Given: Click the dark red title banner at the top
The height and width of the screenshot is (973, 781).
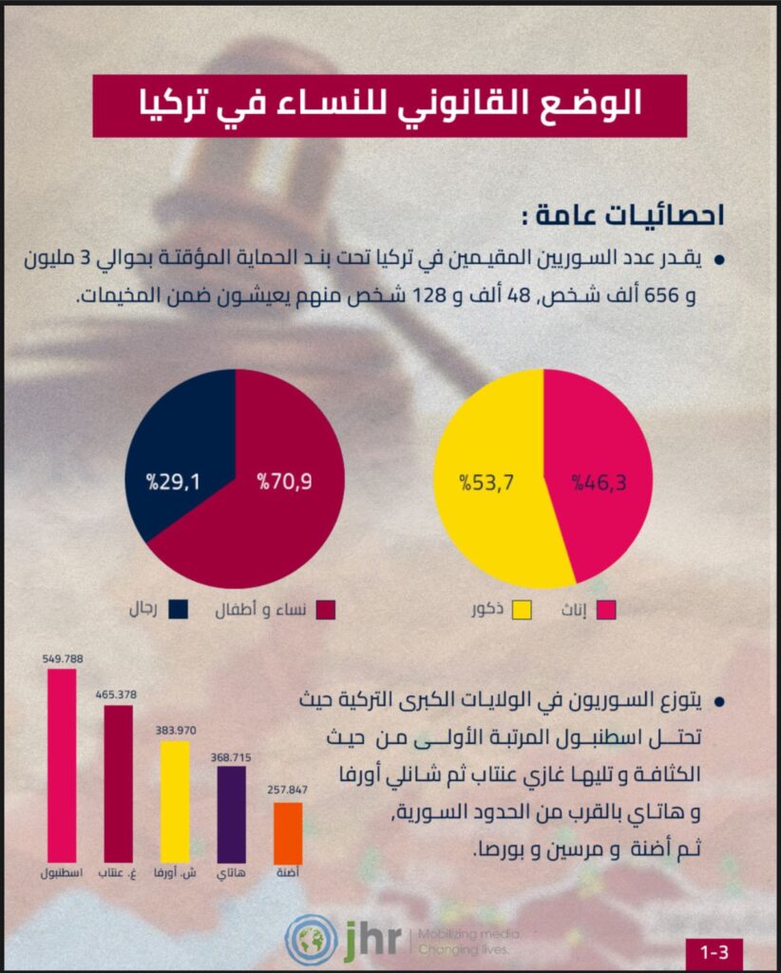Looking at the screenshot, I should [x=390, y=105].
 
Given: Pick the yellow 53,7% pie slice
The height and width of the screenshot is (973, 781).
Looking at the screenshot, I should [x=485, y=485].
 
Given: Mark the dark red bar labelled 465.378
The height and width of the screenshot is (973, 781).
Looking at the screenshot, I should [x=118, y=783].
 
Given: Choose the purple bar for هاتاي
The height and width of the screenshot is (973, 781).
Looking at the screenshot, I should [x=231, y=813].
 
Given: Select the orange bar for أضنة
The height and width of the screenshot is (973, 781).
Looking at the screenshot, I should [x=288, y=833].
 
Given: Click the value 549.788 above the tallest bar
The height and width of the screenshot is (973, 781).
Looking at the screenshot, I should [x=63, y=657].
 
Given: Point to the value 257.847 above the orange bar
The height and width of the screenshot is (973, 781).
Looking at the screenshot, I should [x=288, y=791].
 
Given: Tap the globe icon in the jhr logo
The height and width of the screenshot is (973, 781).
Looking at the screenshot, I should [x=311, y=938].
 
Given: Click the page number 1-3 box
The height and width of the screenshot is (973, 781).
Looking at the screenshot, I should [x=714, y=951].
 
